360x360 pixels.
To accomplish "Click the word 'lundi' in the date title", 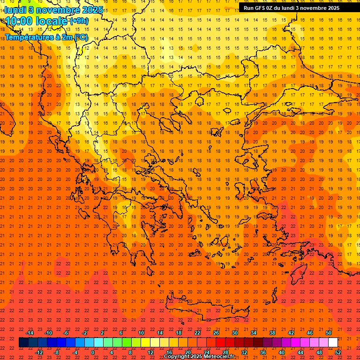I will [15, 9].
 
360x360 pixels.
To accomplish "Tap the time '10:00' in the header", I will [21, 21].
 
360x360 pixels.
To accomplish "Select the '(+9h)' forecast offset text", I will [78, 21].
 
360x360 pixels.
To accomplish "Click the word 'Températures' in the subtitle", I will [28, 37].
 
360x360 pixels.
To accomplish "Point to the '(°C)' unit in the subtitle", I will [80, 37].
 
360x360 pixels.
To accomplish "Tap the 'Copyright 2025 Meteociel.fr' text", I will [199, 357].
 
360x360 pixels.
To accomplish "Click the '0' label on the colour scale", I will [93, 352].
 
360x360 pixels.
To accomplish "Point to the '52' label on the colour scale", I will [338, 352].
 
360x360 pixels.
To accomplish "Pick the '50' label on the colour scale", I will [329, 333].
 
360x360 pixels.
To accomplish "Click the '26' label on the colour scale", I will [216, 333].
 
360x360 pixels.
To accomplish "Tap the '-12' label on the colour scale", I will [39, 352].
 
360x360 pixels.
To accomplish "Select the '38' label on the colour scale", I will [272, 333].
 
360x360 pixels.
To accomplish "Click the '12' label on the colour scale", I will [150, 352].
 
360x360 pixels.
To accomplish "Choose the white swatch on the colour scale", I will [333, 342].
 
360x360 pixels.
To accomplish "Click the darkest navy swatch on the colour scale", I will [23, 342].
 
